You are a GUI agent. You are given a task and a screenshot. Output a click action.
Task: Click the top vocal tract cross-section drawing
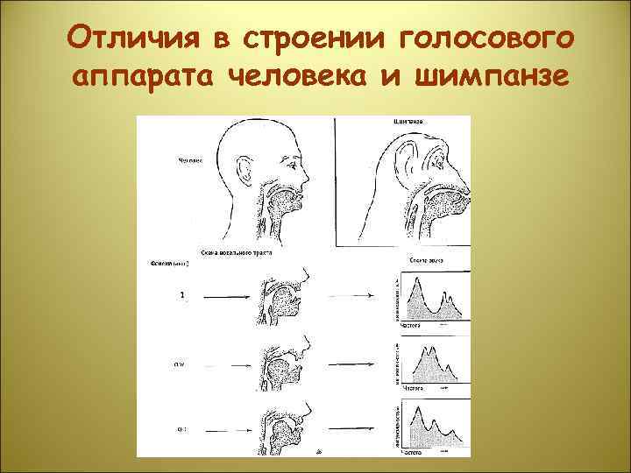285,298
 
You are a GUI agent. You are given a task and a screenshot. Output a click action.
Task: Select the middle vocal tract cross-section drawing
285,359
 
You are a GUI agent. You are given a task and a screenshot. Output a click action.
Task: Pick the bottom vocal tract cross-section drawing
285,425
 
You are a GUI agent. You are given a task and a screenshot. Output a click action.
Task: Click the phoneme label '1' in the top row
181,296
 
